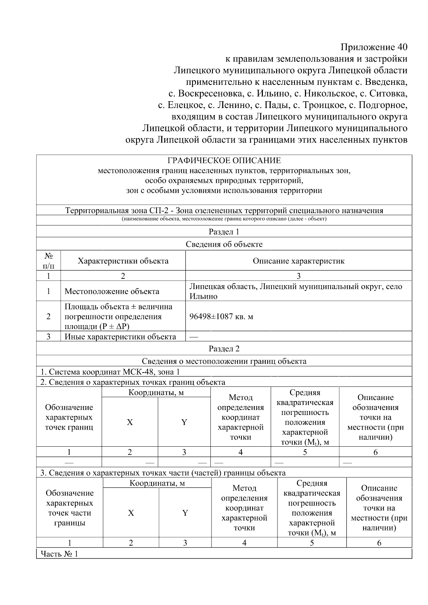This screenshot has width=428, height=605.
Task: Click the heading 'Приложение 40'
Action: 373,47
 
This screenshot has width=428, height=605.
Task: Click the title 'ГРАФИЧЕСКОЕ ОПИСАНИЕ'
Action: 224,160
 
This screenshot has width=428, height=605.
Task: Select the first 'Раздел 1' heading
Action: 224,232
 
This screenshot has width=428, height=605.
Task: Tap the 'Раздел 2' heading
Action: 224,349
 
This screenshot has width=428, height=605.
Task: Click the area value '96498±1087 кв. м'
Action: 221,317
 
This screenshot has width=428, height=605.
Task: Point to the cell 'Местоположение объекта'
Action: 112,291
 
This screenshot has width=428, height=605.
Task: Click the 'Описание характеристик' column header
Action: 299,261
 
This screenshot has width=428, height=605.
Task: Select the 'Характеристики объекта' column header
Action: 123,261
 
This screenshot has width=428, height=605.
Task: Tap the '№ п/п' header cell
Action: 49,261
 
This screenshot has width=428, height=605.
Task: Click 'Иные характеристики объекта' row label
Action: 120,337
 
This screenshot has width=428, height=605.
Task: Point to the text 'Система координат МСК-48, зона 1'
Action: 110,372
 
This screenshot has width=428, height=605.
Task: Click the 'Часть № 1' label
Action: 59,554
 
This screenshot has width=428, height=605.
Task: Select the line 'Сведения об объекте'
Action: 224,244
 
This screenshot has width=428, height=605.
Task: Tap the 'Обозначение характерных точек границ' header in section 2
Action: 69,417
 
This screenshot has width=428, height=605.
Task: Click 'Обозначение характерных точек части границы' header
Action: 70,508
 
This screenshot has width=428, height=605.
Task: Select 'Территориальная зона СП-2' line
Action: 224,210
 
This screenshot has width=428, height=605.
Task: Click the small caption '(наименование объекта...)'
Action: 224,219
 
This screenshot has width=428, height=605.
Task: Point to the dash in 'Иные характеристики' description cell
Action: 194,337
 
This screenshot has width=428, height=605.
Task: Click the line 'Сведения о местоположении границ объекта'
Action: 224,361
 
